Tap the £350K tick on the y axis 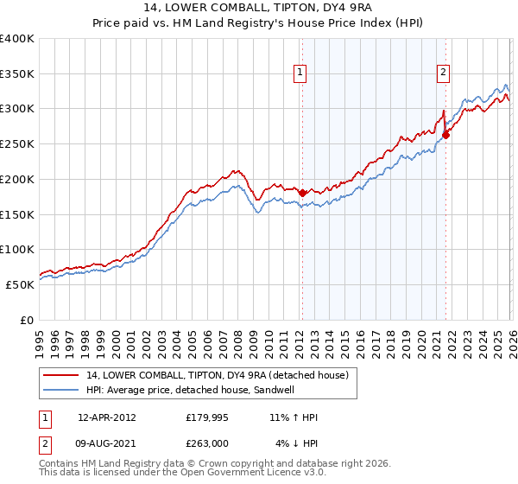(x=17, y=74)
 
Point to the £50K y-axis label (x=20, y=284)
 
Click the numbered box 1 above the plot (x=300, y=73)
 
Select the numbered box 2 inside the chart (x=443, y=73)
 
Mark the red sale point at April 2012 (x=302, y=193)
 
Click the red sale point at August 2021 (x=446, y=134)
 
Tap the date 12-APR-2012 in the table (x=107, y=417)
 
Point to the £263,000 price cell (x=207, y=443)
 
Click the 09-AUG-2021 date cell (x=107, y=443)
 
